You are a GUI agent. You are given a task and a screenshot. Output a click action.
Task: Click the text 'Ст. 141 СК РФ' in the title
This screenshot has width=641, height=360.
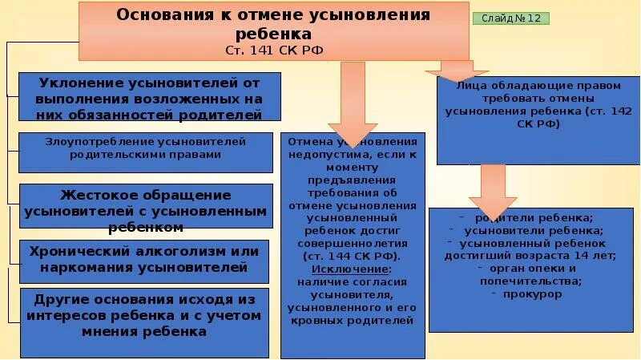point(275,51)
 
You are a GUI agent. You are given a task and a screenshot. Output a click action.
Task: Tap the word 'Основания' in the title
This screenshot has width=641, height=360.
point(161,15)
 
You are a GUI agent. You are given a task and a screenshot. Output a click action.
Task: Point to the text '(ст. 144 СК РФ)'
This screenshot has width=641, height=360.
point(353,256)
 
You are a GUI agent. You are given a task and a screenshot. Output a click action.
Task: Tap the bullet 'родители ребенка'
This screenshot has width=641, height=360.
point(534,217)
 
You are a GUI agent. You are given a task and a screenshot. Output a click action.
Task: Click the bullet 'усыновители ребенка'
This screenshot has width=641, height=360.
point(534,230)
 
